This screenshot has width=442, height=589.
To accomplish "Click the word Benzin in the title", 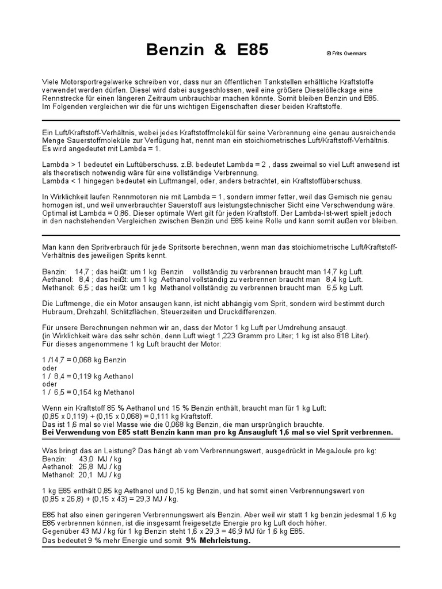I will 175,50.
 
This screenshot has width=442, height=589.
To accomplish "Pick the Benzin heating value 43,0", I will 87,460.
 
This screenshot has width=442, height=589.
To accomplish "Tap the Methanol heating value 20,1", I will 86,475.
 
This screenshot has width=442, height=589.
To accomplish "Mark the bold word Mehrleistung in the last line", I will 224,541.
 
